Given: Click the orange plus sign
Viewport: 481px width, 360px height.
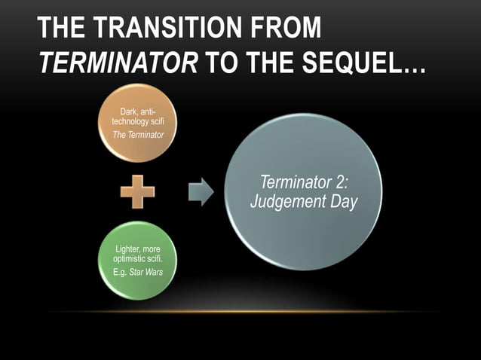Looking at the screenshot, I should [x=137, y=192].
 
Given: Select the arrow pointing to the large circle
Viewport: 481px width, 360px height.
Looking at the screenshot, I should [x=200, y=192].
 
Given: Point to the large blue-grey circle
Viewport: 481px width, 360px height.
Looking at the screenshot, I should [x=303, y=192].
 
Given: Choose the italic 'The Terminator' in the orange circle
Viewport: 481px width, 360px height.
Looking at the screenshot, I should [x=138, y=135].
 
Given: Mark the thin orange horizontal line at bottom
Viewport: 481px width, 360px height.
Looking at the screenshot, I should [x=240, y=311].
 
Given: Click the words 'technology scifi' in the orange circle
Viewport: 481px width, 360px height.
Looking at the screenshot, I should [x=137, y=121].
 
